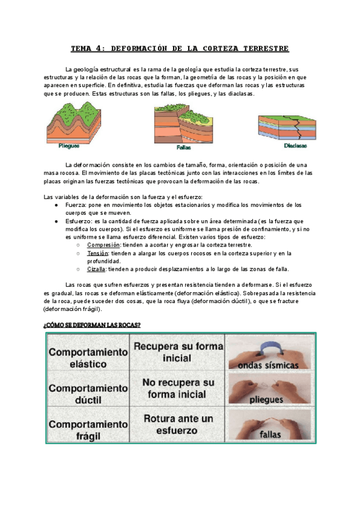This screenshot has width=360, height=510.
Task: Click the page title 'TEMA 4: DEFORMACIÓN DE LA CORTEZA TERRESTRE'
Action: pos(180,48)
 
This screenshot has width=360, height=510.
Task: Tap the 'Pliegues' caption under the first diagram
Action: pos(70,145)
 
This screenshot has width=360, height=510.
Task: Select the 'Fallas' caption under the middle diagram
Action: pos(184,147)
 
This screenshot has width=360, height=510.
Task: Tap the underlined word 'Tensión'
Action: pos(97,253)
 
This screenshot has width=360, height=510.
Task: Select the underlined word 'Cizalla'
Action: pos(97,269)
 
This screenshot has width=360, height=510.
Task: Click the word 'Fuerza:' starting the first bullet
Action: pos(76,205)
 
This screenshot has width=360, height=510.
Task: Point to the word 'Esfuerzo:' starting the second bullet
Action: pos(79,221)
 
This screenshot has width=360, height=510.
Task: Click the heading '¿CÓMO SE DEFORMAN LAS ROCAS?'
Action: pos(92,325)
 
